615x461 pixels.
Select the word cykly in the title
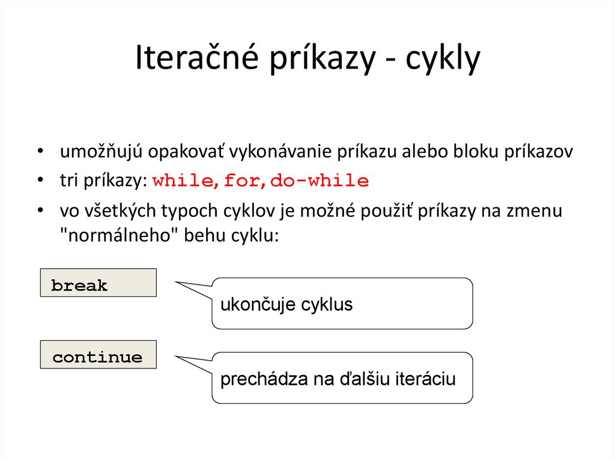tap(443, 59)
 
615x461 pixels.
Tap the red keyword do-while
tap(320, 181)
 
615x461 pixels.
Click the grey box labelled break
tap(98, 283)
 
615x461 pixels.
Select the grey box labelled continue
tap(98, 355)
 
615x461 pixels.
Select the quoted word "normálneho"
tap(111, 235)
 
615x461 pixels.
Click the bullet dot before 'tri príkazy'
tap(40, 181)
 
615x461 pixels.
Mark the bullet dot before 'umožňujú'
tap(40, 152)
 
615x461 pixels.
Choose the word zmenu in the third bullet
tap(535, 212)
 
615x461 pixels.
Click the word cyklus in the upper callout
tap(327, 305)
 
